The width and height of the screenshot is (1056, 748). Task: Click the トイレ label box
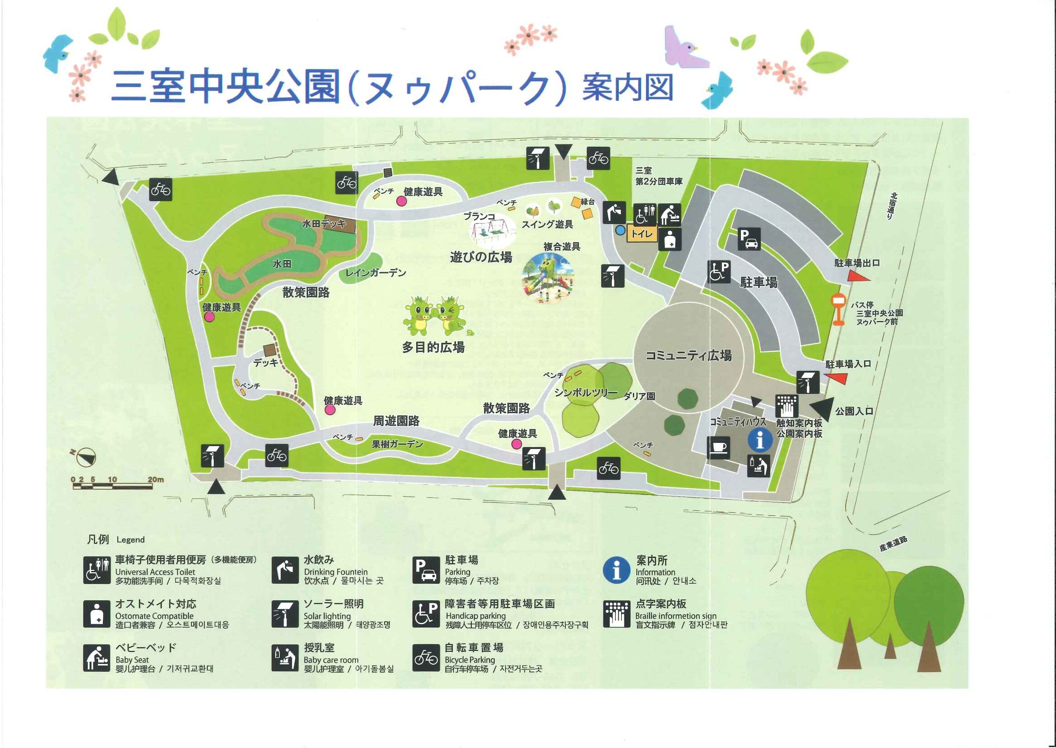[641, 234]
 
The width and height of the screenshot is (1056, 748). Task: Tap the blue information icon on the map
[759, 440]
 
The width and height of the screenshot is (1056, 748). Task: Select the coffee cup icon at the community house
[718, 447]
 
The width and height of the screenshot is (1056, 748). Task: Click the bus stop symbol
[838, 309]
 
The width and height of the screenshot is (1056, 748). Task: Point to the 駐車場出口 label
[857, 263]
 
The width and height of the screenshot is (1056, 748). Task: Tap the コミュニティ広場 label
[688, 355]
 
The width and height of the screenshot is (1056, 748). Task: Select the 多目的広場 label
[433, 347]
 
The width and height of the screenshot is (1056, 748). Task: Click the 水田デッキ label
[324, 224]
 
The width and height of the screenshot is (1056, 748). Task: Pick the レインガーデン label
[376, 273]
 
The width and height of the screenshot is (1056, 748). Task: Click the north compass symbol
[86, 457]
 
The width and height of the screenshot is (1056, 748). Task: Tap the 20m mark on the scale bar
[156, 480]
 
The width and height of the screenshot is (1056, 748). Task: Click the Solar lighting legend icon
[285, 614]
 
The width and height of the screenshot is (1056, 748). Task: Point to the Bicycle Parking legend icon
[426, 658]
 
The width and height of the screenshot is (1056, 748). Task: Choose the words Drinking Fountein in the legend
[335, 571]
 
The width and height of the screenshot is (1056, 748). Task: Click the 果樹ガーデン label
[397, 444]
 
